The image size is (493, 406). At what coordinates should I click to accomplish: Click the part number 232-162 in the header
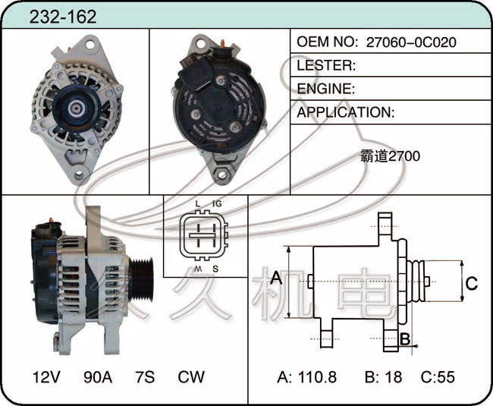click(63, 17)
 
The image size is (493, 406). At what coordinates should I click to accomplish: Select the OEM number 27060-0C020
click(411, 42)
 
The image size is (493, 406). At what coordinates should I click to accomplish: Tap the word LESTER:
click(326, 65)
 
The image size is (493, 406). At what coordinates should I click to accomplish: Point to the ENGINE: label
click(325, 89)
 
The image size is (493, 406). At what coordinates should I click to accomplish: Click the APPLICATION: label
click(346, 112)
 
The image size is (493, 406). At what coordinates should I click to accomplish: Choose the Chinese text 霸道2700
click(390, 156)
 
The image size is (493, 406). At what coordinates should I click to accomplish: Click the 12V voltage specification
click(46, 376)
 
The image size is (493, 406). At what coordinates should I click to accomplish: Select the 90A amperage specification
click(98, 376)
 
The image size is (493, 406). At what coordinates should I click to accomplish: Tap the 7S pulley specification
click(145, 376)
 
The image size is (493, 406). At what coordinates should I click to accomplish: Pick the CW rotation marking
click(191, 376)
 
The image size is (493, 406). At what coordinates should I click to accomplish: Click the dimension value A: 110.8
click(307, 376)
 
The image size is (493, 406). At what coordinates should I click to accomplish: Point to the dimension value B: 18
click(383, 376)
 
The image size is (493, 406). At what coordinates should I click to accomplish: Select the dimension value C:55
click(438, 376)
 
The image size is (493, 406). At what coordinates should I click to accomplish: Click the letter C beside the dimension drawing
click(472, 283)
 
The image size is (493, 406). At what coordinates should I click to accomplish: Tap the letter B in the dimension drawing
click(405, 339)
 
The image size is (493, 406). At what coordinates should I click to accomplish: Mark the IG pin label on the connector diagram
click(217, 204)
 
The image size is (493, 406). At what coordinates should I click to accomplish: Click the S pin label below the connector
click(215, 269)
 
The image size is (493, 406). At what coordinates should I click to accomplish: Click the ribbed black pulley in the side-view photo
click(142, 279)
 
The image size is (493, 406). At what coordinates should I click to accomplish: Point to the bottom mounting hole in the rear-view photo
click(221, 175)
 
